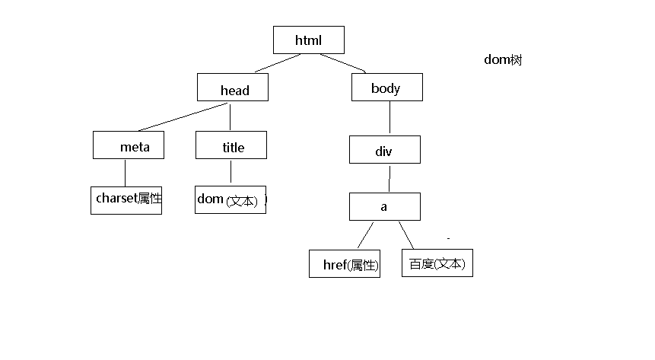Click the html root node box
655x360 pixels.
[x=308, y=40]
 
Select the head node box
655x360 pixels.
[x=233, y=88]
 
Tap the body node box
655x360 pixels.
[x=386, y=87]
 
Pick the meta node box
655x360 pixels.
[x=128, y=145]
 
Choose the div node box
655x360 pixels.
[x=384, y=149]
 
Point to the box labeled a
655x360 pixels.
[x=384, y=206]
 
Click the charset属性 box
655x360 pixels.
[x=126, y=199]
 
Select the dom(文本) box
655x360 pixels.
[x=231, y=199]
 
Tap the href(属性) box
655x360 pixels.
[x=345, y=263]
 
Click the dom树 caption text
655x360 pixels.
[x=503, y=60]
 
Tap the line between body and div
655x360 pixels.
[x=390, y=118]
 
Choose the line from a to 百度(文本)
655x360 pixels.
[x=406, y=235]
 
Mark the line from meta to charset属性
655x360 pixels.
[x=125, y=172]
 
